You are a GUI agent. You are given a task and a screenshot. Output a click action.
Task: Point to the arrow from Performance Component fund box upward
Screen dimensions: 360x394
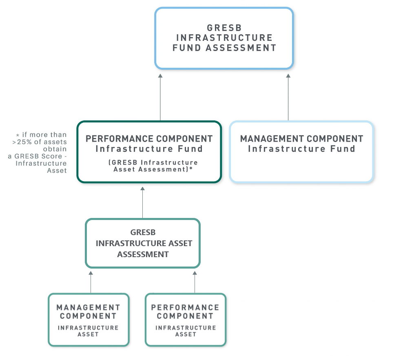(160, 98)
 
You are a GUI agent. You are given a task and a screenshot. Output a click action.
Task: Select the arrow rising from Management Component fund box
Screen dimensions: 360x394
(288, 98)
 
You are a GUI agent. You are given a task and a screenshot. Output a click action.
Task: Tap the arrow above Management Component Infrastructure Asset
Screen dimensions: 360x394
(91, 282)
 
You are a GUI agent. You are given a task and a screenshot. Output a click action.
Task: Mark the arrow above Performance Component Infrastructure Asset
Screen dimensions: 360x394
(195, 282)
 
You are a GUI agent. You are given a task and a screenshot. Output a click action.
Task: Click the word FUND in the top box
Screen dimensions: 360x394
(187, 48)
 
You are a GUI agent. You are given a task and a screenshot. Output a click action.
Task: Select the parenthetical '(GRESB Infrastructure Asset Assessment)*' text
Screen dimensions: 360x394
(153, 166)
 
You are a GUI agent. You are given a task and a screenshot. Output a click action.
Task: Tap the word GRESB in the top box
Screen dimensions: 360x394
(224, 28)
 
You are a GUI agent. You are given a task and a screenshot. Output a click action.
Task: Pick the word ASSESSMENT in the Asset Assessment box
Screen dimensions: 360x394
(143, 254)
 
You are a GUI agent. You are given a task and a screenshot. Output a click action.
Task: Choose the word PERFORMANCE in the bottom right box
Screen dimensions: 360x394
(185, 307)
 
